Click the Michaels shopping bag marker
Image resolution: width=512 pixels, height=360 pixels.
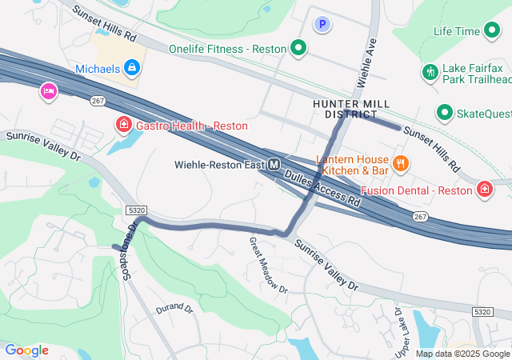point(132,70)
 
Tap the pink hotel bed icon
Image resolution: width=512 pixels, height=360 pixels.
point(48,92)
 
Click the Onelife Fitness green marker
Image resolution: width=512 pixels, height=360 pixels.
point(298,49)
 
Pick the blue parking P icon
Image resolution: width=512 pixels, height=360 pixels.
point(322,25)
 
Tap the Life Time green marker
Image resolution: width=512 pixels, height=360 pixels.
point(493,31)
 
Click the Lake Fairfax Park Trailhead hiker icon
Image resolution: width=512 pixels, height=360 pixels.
point(430,72)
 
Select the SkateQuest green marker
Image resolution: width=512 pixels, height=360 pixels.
point(443,113)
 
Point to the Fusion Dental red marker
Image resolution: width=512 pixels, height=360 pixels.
point(485,190)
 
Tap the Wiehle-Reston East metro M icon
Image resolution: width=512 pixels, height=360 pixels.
point(274,165)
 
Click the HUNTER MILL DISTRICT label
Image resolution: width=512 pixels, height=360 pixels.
point(351,110)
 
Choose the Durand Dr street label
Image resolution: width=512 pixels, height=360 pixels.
point(174,308)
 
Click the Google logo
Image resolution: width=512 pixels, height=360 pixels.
point(26,350)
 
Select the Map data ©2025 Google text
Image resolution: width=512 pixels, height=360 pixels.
point(462,354)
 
